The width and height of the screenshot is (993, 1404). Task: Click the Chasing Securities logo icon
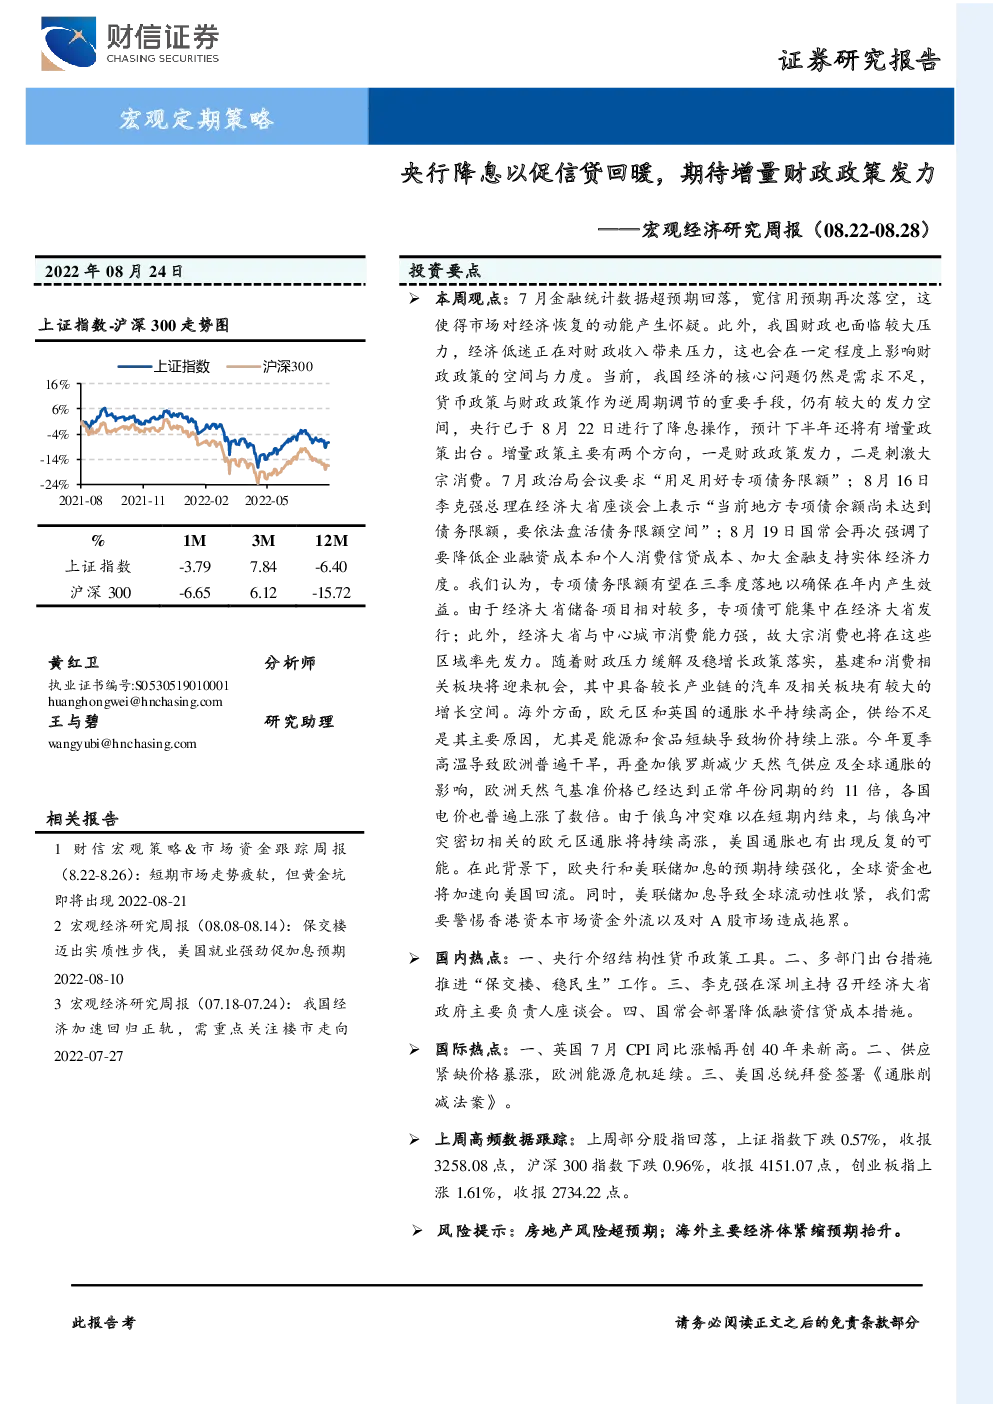click(68, 43)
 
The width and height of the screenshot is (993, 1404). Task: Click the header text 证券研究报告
click(859, 61)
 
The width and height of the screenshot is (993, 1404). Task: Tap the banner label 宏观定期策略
click(197, 118)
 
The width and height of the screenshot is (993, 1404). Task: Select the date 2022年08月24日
click(113, 271)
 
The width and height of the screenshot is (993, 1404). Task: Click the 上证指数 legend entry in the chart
click(164, 366)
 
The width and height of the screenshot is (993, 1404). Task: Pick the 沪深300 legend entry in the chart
click(270, 366)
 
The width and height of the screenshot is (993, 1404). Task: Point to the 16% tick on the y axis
click(57, 384)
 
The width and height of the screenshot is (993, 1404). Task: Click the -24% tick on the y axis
click(55, 485)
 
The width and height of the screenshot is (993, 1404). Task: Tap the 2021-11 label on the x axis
click(143, 501)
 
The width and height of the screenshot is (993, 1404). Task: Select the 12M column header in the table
click(331, 540)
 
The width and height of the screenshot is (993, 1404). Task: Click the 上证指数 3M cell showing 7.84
click(263, 567)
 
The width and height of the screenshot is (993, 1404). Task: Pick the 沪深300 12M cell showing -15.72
click(331, 593)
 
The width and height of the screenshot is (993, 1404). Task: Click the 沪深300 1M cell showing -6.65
click(195, 593)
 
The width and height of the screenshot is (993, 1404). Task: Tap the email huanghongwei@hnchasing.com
click(135, 702)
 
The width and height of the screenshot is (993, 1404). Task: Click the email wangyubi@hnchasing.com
click(122, 744)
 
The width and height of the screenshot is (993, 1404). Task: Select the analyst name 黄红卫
click(74, 663)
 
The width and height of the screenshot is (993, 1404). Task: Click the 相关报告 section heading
click(82, 819)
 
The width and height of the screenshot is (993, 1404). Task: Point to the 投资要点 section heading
click(444, 271)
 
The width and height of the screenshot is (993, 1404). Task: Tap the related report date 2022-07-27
click(88, 1056)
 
